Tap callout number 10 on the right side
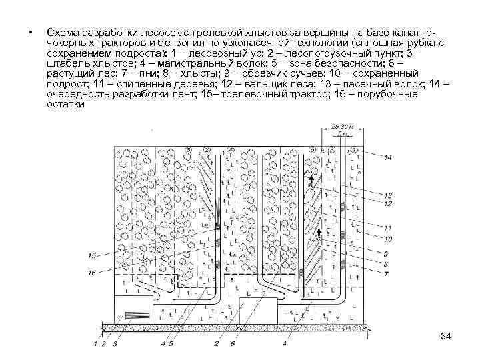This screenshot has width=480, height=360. [388, 239]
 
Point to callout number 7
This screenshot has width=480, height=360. [386, 274]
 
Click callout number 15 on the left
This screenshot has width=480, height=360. [92, 255]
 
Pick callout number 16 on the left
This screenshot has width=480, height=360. [92, 272]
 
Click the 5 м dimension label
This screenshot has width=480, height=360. [341, 133]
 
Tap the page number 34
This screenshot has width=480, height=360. [446, 335]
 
